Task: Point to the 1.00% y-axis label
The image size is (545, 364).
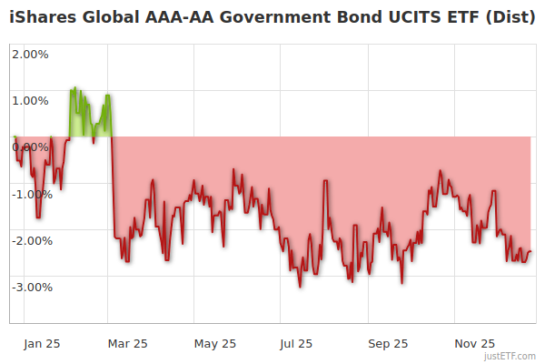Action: click(x=30, y=100)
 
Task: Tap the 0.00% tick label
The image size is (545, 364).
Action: click(x=30, y=147)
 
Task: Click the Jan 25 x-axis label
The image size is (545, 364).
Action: click(x=43, y=344)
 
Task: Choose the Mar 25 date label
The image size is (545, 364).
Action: click(x=128, y=344)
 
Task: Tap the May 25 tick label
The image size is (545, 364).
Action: click(x=215, y=344)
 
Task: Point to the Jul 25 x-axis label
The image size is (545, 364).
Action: click(x=298, y=344)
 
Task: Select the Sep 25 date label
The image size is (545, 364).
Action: click(x=388, y=344)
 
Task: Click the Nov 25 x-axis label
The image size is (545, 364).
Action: click(x=475, y=344)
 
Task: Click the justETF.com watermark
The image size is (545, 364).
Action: click(x=510, y=356)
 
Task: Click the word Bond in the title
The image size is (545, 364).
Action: click(x=344, y=17)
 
